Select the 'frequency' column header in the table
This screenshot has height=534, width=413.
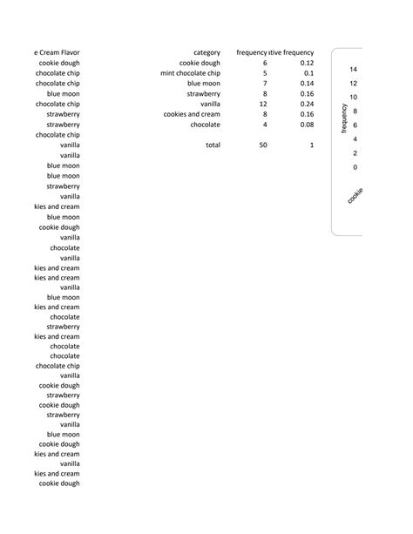[x=251, y=53]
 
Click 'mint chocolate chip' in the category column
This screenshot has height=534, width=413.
[x=190, y=73]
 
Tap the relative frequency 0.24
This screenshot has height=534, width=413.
[x=306, y=104]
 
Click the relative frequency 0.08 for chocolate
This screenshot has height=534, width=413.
[x=306, y=125]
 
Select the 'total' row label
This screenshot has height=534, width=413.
[x=213, y=145]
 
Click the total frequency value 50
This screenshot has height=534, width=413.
[x=263, y=145]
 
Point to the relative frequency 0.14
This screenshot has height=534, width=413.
[x=306, y=84]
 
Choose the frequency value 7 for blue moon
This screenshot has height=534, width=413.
[x=265, y=84]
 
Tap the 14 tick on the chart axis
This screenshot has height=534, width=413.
[x=353, y=69]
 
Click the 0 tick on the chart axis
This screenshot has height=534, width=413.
[x=355, y=166]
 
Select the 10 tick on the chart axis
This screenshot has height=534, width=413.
[x=353, y=97]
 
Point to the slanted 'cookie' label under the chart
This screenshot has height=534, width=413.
[x=355, y=196]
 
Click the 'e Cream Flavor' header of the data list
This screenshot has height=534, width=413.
[x=57, y=53]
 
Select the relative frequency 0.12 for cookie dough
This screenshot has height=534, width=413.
[x=306, y=63]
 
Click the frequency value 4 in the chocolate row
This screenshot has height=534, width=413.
[x=265, y=125]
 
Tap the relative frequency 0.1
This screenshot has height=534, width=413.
[x=308, y=73]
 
